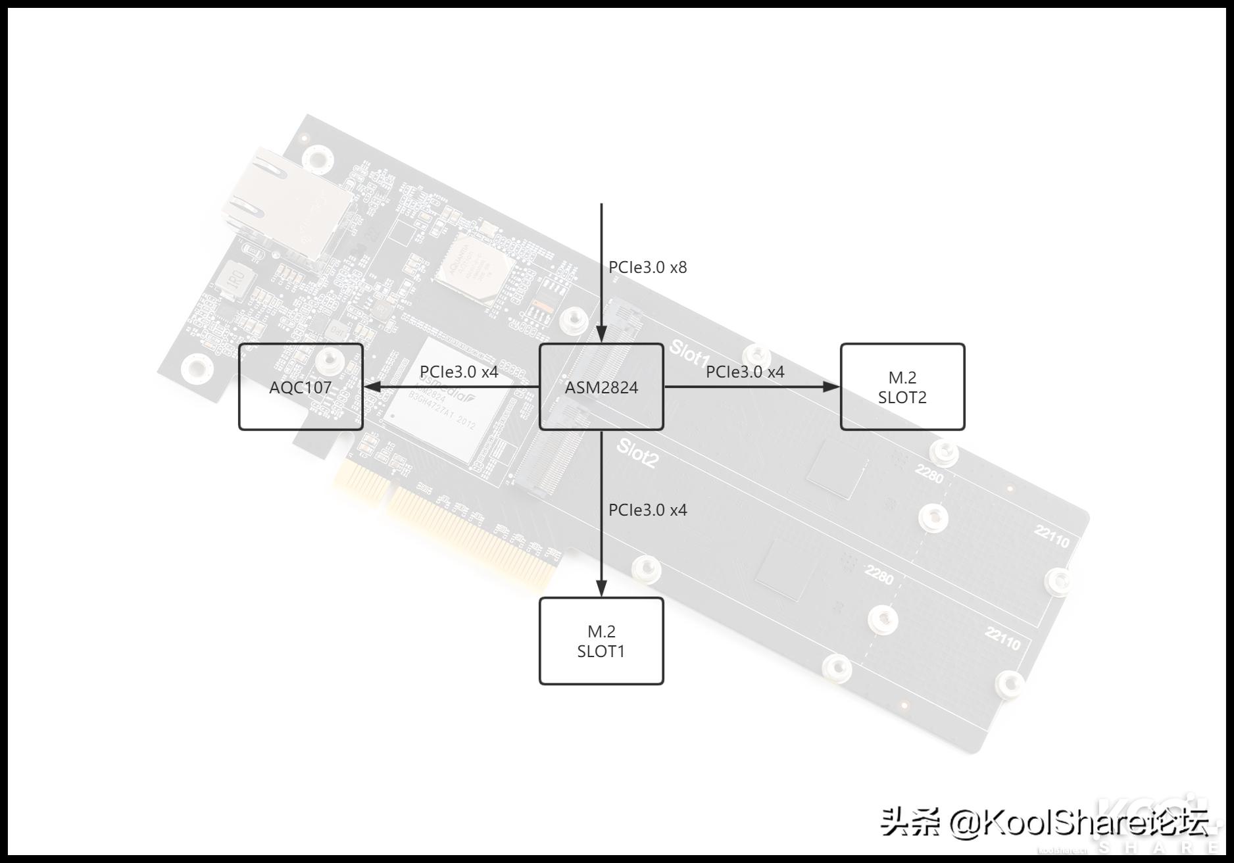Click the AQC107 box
(301, 387)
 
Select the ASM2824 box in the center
(601, 387)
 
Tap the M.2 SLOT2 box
(902, 387)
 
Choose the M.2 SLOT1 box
(601, 641)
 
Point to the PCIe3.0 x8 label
(647, 268)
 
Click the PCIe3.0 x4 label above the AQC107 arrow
(459, 372)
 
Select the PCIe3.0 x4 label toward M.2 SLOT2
(745, 372)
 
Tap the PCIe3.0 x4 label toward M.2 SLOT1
(647, 510)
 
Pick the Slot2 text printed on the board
(637, 454)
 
